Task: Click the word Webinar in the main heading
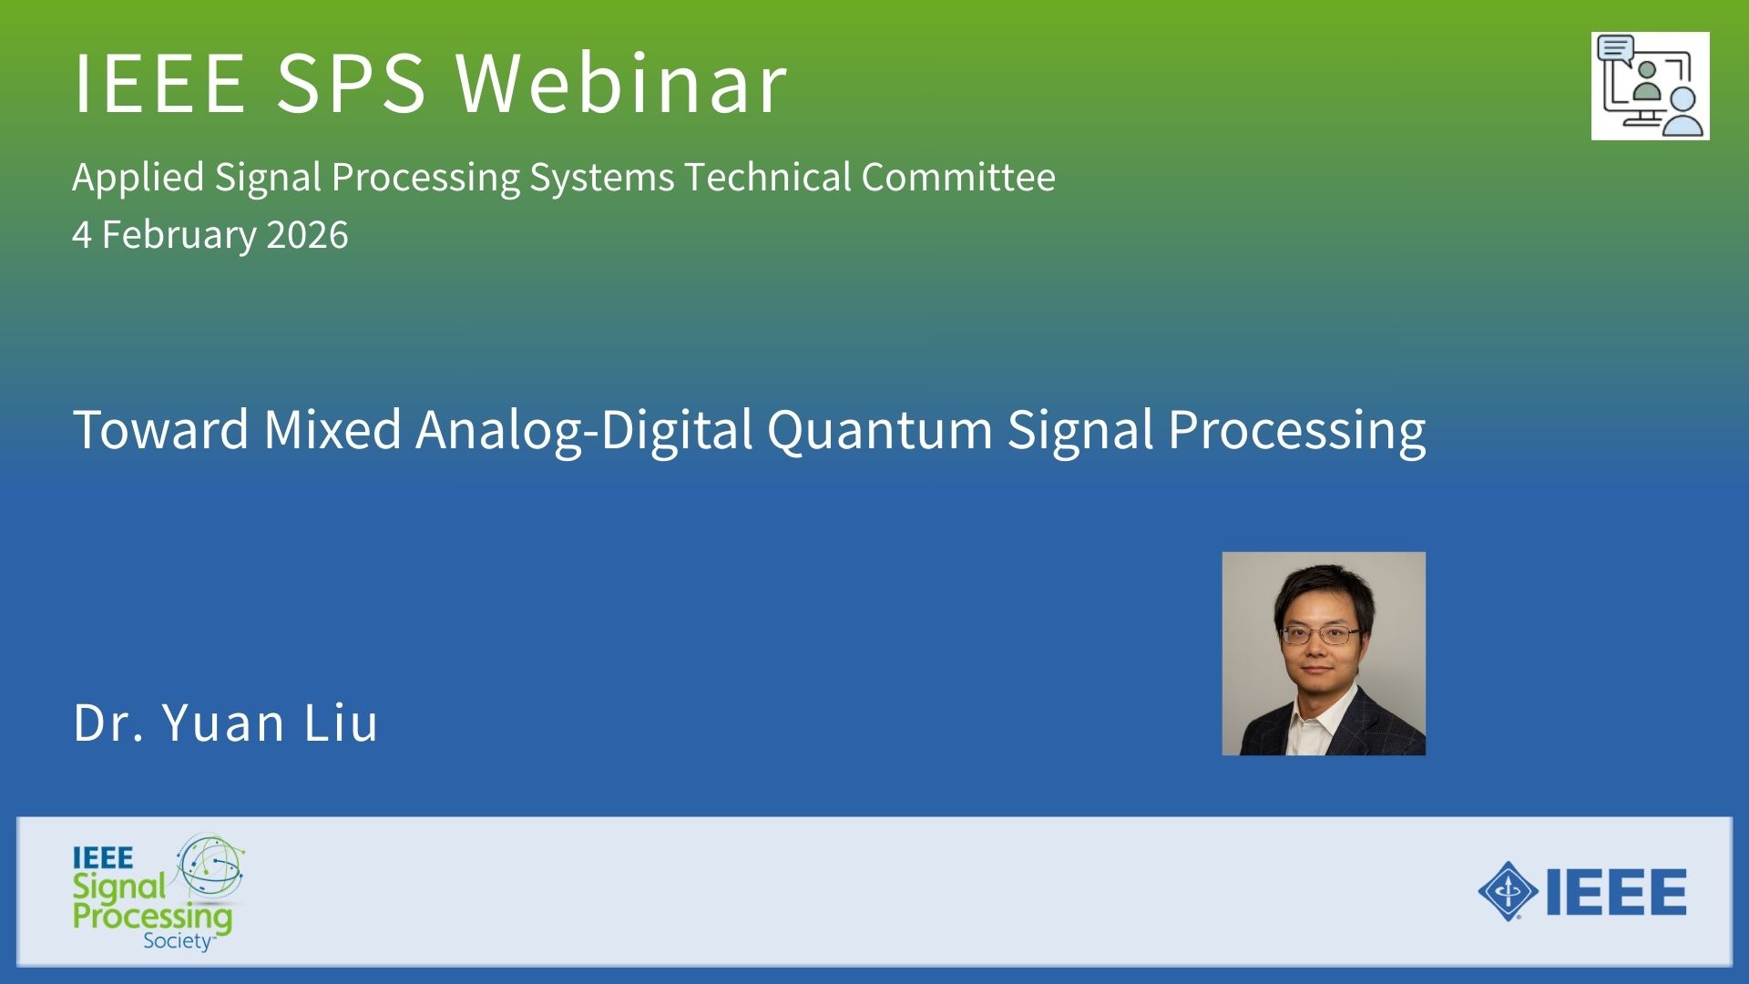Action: [621, 83]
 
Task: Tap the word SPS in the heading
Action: [351, 83]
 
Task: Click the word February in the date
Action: [179, 236]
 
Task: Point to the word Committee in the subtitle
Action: [958, 177]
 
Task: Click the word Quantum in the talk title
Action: [880, 429]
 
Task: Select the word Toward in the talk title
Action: [160, 429]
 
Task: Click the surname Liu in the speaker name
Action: [341, 723]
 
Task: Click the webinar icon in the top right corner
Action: [1651, 87]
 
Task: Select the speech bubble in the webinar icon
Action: [1616, 47]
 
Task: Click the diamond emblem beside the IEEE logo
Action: [1508, 891]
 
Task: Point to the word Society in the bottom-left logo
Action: [178, 941]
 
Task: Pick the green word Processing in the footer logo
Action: [153, 917]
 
